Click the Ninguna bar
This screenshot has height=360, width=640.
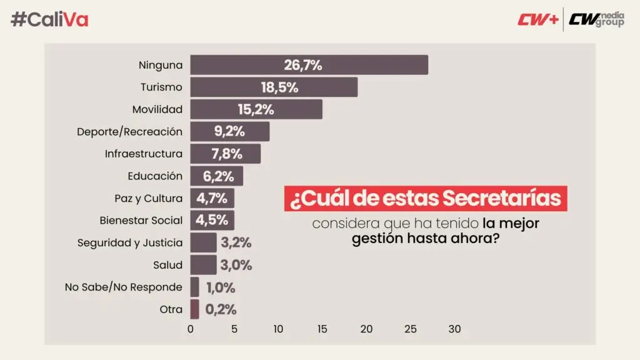click(x=309, y=65)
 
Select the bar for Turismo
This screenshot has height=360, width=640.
click(x=274, y=87)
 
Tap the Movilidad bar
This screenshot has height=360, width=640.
click(x=256, y=109)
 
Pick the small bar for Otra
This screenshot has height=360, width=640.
click(x=195, y=309)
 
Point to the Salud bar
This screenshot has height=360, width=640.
click(x=203, y=264)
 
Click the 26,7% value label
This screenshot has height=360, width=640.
click(x=303, y=65)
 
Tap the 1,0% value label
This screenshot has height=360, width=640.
click(x=220, y=287)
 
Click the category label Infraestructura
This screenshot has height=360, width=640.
click(x=144, y=154)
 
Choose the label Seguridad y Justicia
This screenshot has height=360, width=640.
click(x=130, y=242)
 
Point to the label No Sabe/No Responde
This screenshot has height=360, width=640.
click(x=124, y=287)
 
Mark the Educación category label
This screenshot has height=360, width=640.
click(x=155, y=176)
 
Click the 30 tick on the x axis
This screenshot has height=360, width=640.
click(x=454, y=329)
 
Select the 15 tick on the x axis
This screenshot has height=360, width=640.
click(x=322, y=329)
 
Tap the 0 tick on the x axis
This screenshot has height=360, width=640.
click(x=191, y=329)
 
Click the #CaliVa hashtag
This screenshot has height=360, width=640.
click(x=50, y=19)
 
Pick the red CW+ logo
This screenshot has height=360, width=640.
click(x=538, y=19)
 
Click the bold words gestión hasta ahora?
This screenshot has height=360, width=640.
click(x=426, y=238)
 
